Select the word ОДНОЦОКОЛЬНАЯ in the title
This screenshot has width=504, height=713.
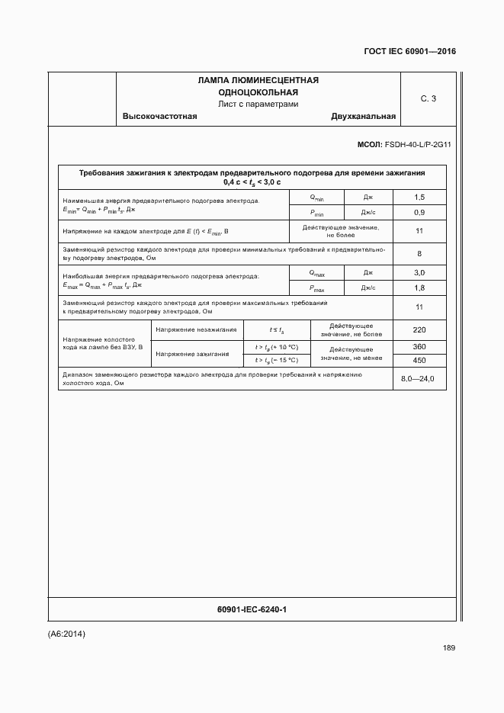[x=258, y=92]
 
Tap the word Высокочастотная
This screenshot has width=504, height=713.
[x=159, y=117]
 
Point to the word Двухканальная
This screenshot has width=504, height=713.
[x=363, y=117]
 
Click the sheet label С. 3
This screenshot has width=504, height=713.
[x=428, y=98]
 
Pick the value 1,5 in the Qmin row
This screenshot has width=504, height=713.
[x=419, y=198]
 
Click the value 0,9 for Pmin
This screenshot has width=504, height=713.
[x=419, y=212]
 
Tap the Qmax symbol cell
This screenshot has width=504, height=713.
[x=316, y=272]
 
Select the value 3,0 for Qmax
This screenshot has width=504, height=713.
[x=419, y=272]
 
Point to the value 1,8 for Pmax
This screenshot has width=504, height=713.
[x=419, y=287]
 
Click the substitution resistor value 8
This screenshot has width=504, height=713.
[x=419, y=253]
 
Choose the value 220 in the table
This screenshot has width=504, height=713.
[x=419, y=330]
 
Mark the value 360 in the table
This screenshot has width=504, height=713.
[x=419, y=347]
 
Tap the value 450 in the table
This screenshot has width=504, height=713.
[x=419, y=361]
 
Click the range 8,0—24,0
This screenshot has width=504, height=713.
[x=417, y=379]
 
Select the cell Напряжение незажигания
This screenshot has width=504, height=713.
[x=196, y=330]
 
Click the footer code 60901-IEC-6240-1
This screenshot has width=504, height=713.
[x=252, y=609]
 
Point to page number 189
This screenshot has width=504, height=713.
[x=448, y=648]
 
